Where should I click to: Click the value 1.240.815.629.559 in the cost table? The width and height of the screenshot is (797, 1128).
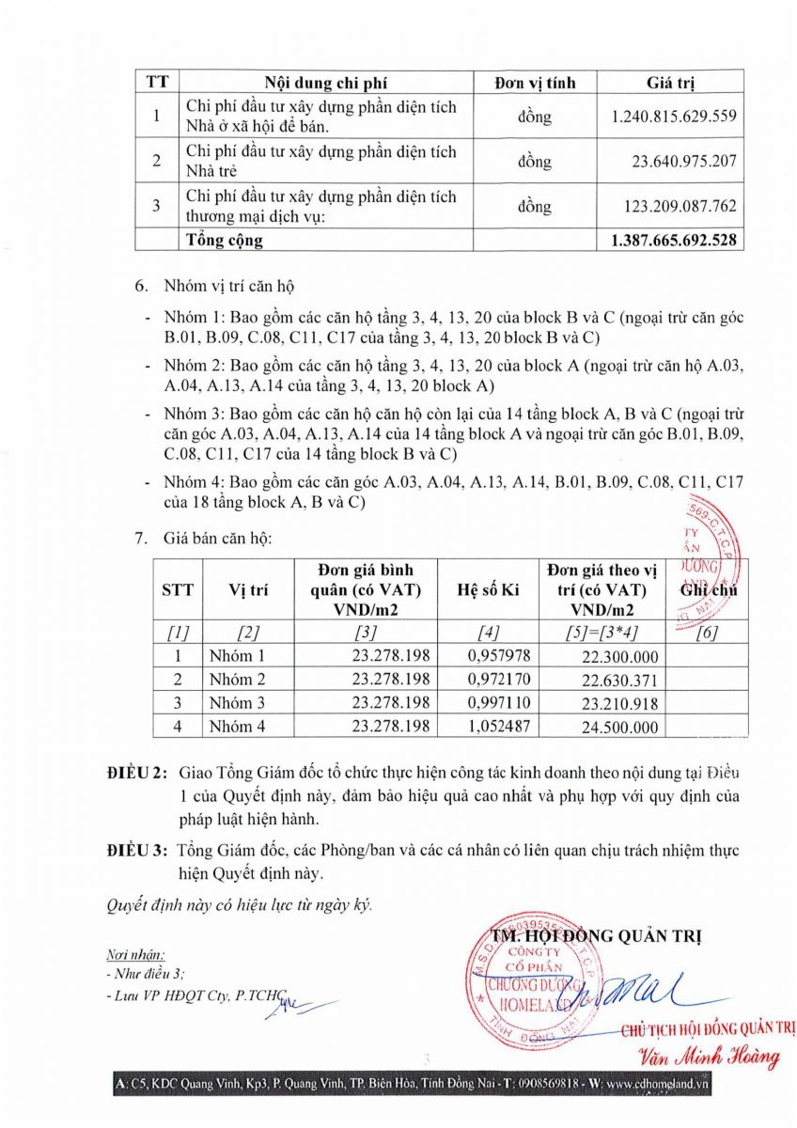pos(673,117)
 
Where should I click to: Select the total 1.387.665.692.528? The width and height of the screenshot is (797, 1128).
pos(673,241)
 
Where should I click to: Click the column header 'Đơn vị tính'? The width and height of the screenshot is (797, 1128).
pos(535,82)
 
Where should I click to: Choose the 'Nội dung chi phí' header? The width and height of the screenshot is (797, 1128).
pos(320,82)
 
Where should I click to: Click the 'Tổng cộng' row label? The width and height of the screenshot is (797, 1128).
pos(225,241)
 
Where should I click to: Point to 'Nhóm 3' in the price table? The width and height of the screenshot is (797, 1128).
pos(237,702)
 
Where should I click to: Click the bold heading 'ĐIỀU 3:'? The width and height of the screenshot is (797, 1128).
pos(138,851)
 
